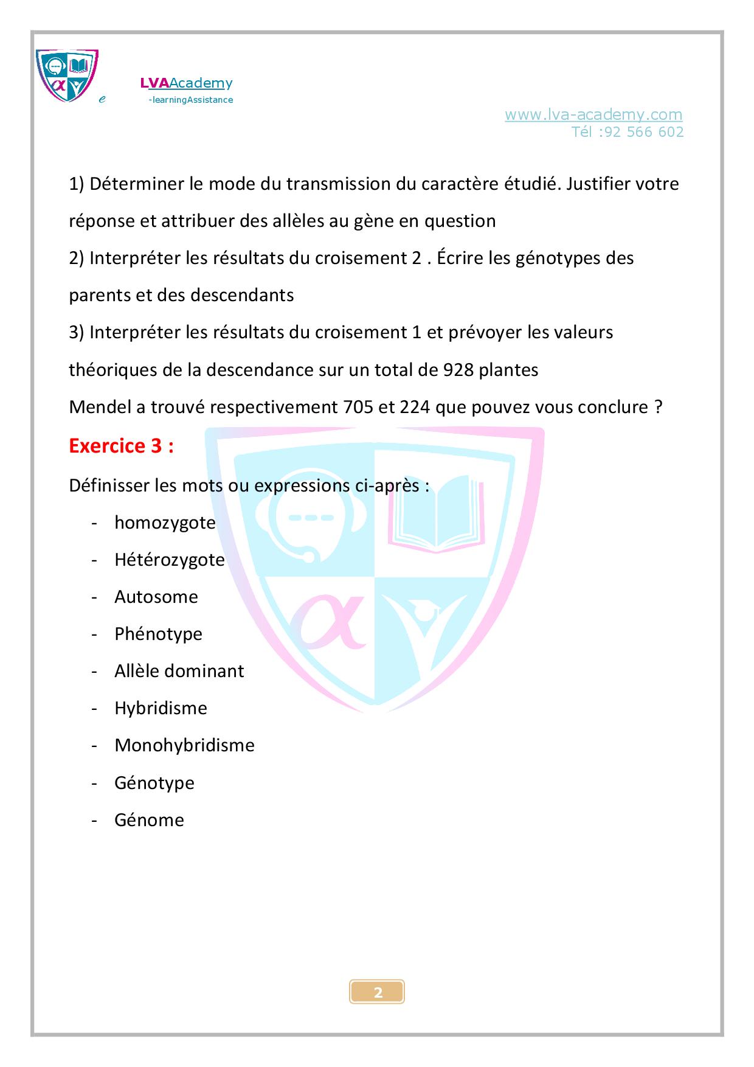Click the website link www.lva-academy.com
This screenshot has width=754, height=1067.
[x=593, y=114]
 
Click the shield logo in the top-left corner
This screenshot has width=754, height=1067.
[x=67, y=75]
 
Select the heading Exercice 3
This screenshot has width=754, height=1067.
[x=121, y=446]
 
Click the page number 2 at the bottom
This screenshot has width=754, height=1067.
[x=378, y=993]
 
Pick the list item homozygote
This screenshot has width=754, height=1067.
[x=165, y=523]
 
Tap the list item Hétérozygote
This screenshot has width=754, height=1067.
[x=170, y=560]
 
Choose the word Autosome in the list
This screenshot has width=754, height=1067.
[x=156, y=597]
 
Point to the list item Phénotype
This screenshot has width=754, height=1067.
[x=158, y=634]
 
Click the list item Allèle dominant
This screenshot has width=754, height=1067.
[x=179, y=671]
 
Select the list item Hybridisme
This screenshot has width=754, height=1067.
[x=161, y=708]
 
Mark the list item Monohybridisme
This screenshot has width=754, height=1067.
[x=184, y=745]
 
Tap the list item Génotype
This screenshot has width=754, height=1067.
[x=154, y=782]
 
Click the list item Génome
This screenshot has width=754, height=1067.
[x=149, y=819]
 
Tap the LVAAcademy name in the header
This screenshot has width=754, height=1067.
[x=186, y=83]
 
